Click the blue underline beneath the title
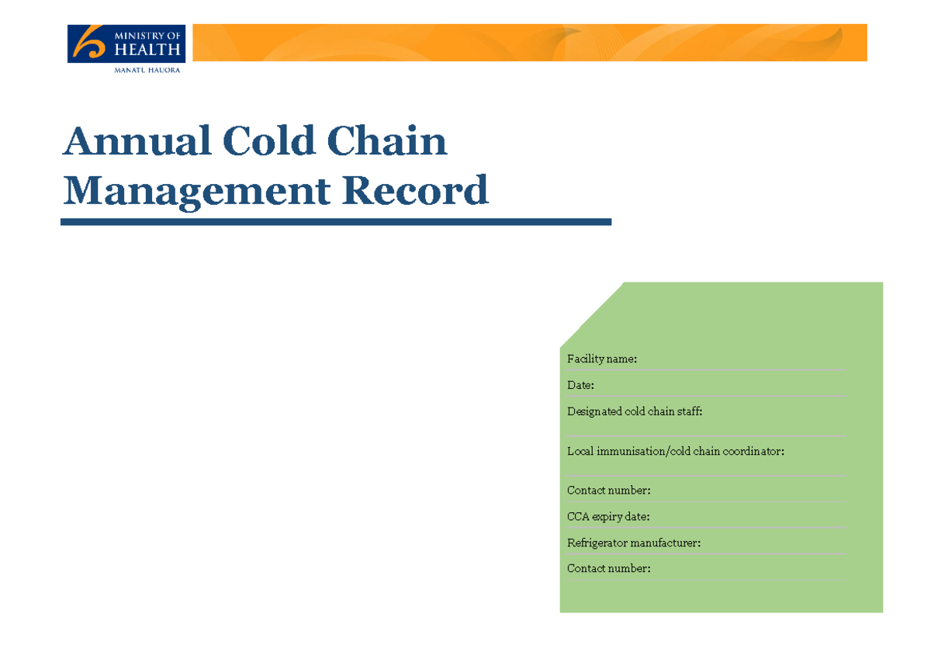tap(336, 222)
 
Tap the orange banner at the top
tap(529, 43)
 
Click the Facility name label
tap(602, 359)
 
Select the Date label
tap(580, 385)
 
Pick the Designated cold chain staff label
tap(635, 411)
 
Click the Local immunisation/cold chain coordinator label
tap(675, 451)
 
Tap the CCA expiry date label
tap(608, 516)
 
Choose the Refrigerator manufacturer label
tap(633, 543)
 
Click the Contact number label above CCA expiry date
tap(608, 491)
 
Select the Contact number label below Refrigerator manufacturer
tap(608, 568)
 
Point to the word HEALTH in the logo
tap(147, 50)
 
